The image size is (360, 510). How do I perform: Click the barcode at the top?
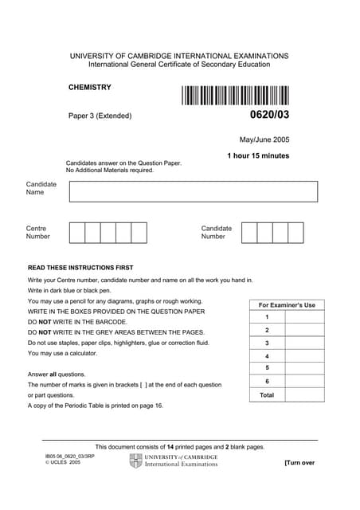[234, 96]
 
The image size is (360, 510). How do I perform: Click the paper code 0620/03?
[269, 116]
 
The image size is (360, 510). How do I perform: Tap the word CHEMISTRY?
[90, 88]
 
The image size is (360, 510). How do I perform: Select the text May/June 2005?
[264, 139]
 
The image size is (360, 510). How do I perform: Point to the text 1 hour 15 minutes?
[258, 156]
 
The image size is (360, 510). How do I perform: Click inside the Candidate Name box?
[193, 191]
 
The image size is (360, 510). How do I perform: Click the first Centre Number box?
[77, 233]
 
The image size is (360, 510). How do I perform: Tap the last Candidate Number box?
[295, 233]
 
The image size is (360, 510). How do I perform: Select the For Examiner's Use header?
[287, 305]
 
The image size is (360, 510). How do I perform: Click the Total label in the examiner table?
[267, 394]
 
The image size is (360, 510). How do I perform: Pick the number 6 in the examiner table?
[267, 381]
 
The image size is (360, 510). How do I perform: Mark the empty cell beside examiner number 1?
[304, 317]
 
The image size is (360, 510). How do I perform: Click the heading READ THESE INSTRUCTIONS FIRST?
[80, 268]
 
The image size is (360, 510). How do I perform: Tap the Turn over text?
[299, 463]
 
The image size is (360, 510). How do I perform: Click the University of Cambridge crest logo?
[135, 461]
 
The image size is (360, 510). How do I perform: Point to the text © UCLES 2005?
[63, 462]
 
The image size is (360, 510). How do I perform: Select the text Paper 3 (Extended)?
[100, 116]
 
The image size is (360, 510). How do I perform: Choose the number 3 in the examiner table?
[267, 343]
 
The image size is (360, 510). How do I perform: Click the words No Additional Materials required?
[110, 171]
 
